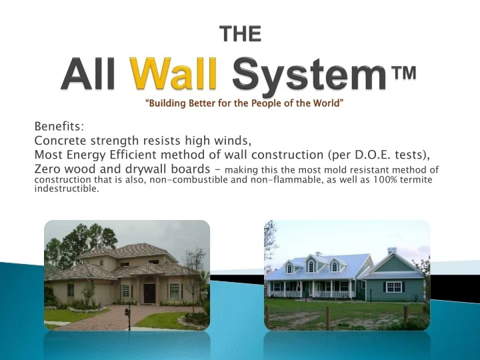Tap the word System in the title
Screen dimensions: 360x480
coord(307,75)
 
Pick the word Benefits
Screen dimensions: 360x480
coord(59,127)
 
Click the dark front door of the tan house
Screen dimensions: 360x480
coord(149,293)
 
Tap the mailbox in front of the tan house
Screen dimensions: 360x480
coord(127,311)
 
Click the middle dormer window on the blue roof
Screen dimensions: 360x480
coord(311,266)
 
